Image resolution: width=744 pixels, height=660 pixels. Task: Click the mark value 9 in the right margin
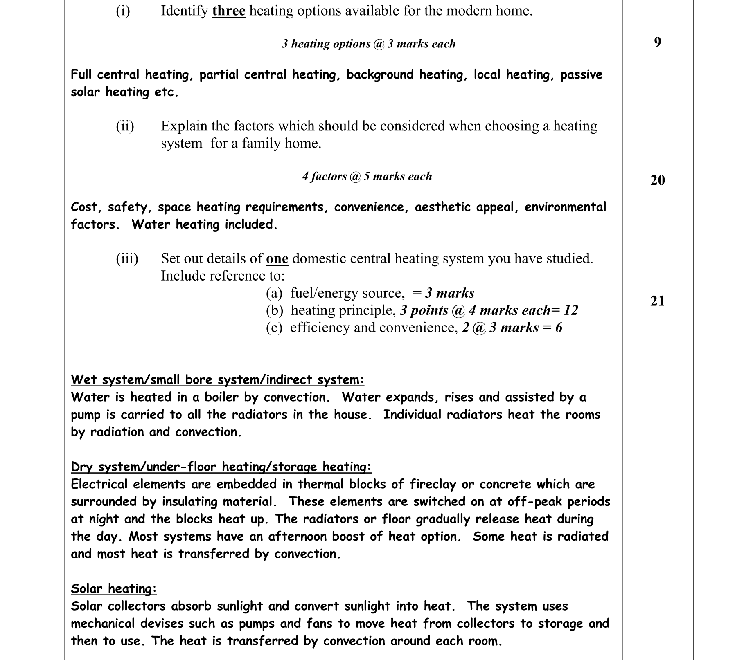(x=657, y=42)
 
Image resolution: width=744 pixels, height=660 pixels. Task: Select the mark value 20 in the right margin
(x=657, y=180)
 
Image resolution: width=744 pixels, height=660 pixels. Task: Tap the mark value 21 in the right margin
(x=657, y=301)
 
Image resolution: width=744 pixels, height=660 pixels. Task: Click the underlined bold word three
(x=228, y=11)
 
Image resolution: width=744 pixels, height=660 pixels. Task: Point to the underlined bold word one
(x=277, y=259)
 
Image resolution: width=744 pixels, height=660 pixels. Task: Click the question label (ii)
(x=125, y=126)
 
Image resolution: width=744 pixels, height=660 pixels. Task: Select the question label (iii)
(x=127, y=259)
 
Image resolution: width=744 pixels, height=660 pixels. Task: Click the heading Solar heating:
(x=114, y=589)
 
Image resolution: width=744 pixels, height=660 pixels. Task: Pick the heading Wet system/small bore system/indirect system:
(x=217, y=380)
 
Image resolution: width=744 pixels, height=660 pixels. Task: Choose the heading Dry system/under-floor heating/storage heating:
(x=221, y=467)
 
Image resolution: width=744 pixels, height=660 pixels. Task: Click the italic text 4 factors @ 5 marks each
(x=367, y=177)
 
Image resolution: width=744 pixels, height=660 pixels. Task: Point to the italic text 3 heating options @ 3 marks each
(x=368, y=44)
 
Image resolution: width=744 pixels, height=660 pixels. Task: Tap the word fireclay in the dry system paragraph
(x=433, y=485)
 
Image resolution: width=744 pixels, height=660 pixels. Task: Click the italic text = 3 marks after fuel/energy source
(x=444, y=293)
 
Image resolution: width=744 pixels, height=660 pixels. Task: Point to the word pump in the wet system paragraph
(x=85, y=415)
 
